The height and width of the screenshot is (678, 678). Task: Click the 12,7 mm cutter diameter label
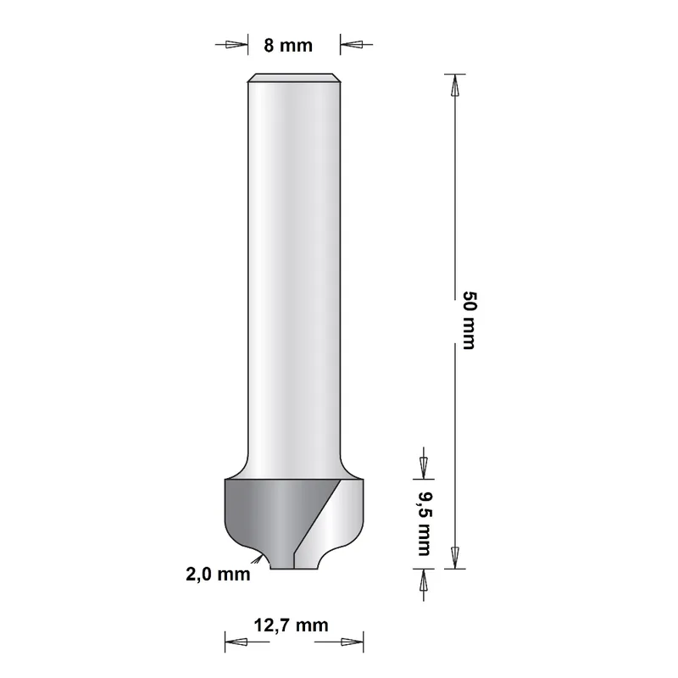click(x=291, y=626)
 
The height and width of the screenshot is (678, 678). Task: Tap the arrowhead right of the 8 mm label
click(x=351, y=45)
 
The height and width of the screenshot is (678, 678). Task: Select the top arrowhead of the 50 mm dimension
click(x=455, y=85)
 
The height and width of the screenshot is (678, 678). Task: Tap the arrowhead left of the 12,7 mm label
click(x=235, y=642)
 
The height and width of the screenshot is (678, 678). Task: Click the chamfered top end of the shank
click(x=293, y=78)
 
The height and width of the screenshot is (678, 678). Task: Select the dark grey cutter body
click(x=263, y=513)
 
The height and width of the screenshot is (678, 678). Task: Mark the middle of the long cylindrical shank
click(x=293, y=271)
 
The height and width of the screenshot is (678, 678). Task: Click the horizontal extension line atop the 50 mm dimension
click(x=455, y=74)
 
